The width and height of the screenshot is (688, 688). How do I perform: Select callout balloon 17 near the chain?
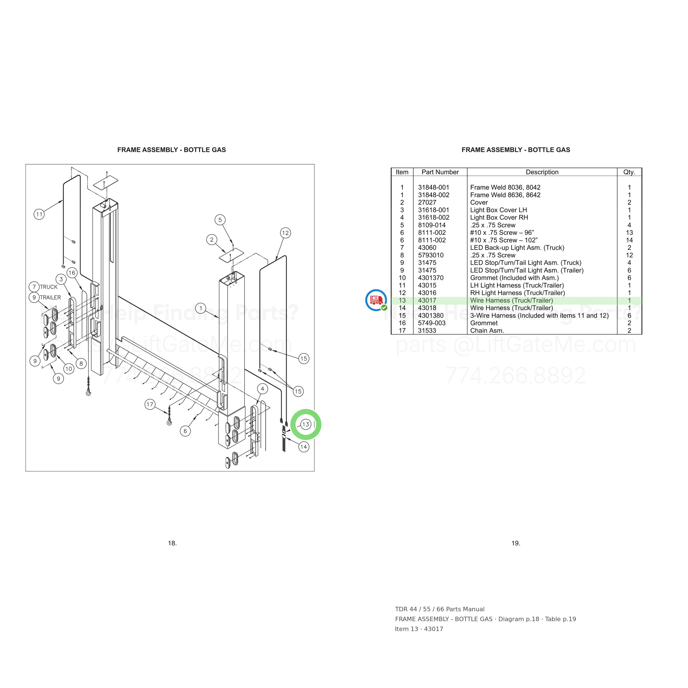150,404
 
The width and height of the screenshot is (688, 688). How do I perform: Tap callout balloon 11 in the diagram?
39,214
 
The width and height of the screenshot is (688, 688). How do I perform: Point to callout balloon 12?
285,233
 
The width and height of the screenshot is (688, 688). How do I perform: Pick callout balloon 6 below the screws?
185,431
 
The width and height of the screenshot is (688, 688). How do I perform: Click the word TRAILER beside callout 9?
50,297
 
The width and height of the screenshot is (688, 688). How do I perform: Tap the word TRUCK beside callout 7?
49,287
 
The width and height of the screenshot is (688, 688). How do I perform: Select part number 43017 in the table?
427,301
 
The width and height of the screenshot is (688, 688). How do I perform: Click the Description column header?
542,172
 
